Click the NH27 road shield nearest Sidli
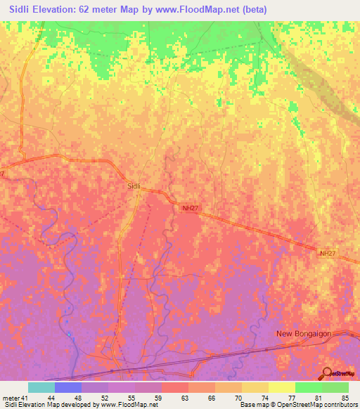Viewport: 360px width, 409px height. point(188,208)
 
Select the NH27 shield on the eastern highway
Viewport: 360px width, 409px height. point(328,253)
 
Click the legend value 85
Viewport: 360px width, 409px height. point(345,398)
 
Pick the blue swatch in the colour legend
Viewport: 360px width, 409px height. point(68,387)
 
